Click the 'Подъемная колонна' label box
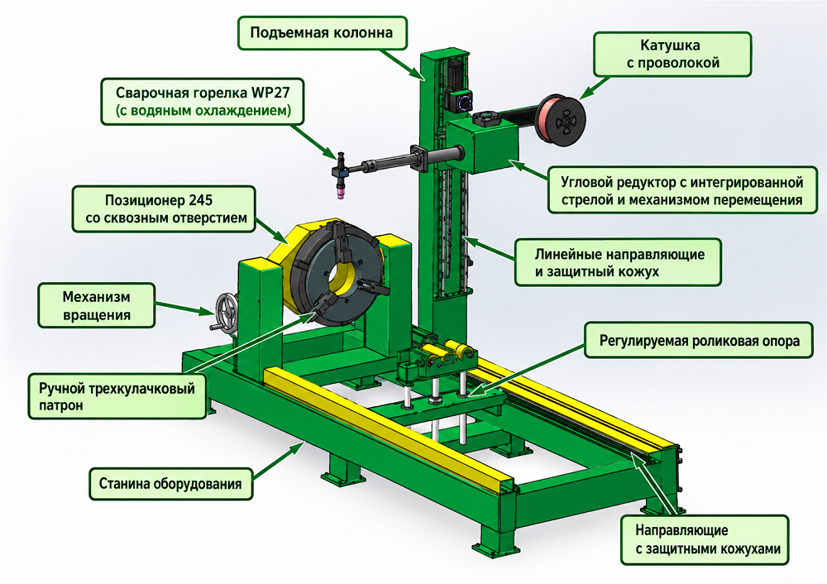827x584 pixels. (x=323, y=33)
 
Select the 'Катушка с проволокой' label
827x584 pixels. (x=672, y=54)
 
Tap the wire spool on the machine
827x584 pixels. (x=561, y=119)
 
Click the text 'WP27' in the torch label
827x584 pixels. (x=270, y=93)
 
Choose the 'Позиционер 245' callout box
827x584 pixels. (x=164, y=209)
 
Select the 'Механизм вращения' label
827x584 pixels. (x=97, y=306)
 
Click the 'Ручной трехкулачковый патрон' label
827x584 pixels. (x=117, y=397)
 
